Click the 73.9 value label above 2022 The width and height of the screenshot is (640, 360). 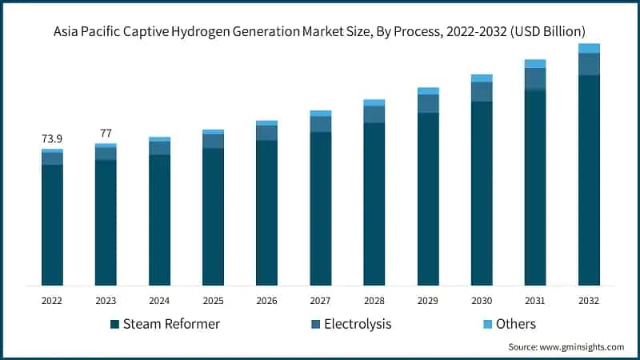click(x=52, y=139)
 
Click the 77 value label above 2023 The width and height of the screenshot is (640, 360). click(x=106, y=133)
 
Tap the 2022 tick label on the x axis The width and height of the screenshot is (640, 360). click(x=52, y=300)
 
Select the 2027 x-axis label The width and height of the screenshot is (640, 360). click(x=320, y=300)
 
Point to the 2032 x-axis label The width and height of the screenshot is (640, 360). click(x=589, y=300)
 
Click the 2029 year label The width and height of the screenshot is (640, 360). click(x=428, y=300)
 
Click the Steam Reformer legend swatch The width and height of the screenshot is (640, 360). click(x=115, y=324)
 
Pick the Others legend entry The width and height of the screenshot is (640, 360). click(x=515, y=324)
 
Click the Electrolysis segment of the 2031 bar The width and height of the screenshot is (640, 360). click(x=535, y=78)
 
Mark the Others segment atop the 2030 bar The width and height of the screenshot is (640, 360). click(x=482, y=78)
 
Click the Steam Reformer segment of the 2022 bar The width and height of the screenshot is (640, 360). click(x=52, y=224)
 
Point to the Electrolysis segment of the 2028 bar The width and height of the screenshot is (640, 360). click(x=374, y=114)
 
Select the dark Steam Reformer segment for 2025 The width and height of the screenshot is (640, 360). click(x=213, y=216)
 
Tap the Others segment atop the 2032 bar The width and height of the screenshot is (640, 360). click(x=589, y=48)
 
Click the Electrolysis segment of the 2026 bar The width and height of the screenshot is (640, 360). click(x=266, y=133)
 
